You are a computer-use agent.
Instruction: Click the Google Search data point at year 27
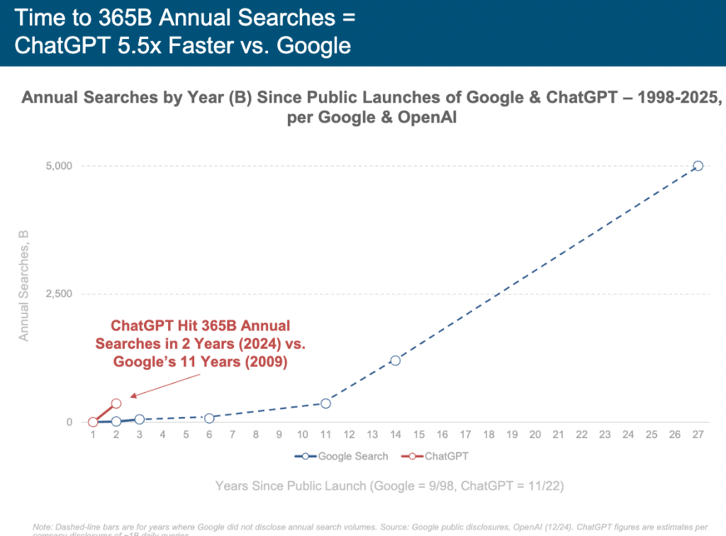tap(698, 166)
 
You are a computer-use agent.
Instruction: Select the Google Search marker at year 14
tap(395, 360)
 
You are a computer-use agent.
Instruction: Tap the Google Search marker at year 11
tap(325, 403)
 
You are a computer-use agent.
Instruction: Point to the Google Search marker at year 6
tap(209, 418)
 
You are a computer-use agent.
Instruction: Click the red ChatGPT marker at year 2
tap(116, 403)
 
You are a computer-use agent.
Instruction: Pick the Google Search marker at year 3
tap(140, 419)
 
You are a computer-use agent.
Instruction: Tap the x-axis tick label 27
tap(698, 434)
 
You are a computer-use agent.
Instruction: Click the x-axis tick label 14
tap(395, 434)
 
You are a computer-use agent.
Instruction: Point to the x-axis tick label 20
tap(535, 434)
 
